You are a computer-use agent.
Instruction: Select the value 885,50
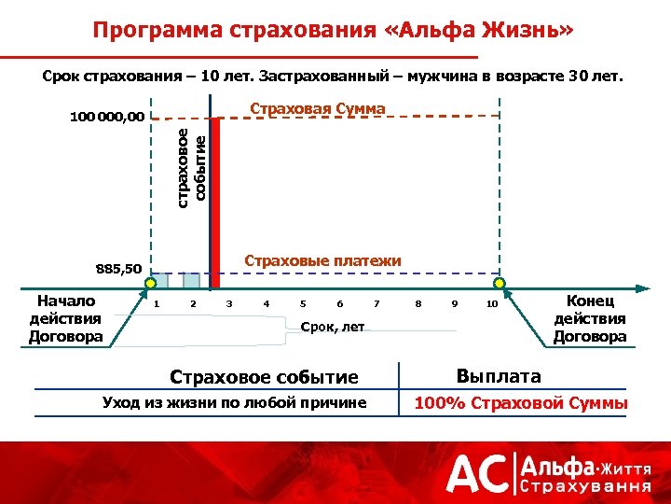(118, 270)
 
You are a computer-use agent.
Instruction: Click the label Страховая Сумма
(318, 109)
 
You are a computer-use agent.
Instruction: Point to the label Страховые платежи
(322, 260)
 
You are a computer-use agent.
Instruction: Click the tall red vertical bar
(216, 201)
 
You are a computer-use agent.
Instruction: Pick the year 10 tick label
(492, 304)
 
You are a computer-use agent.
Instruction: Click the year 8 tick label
(418, 304)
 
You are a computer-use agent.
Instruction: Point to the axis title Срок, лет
(333, 327)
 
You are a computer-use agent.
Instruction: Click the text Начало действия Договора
(65, 318)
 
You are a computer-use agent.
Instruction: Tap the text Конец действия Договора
(590, 318)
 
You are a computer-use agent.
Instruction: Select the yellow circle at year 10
(500, 283)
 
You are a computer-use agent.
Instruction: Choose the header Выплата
(499, 376)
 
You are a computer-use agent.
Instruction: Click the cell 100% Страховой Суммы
(521, 403)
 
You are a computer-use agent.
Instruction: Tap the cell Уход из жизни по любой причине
(234, 403)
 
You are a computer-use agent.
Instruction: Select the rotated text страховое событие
(192, 166)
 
